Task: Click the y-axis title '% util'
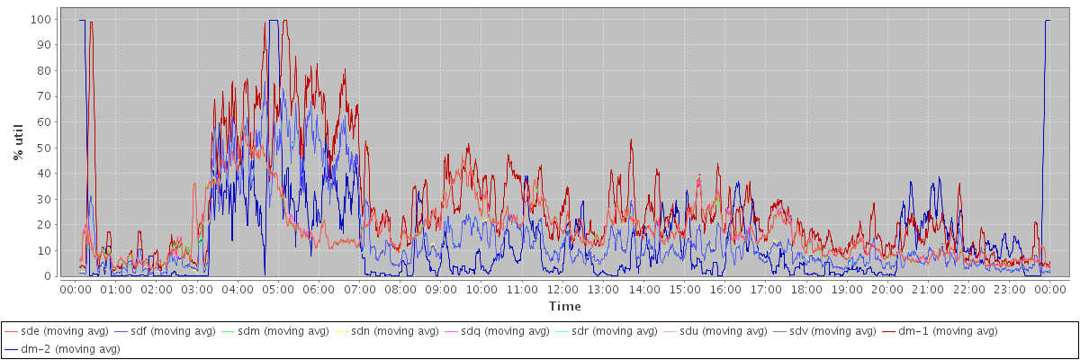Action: pos(18,142)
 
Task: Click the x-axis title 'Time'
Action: pos(565,307)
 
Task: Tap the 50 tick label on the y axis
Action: pos(43,148)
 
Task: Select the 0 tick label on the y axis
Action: pos(47,276)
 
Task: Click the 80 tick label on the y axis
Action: pos(43,70)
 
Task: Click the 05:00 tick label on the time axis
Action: pos(278,290)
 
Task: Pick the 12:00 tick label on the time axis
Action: pos(562,290)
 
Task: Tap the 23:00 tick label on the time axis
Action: pos(1010,290)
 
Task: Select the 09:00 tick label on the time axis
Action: pos(441,290)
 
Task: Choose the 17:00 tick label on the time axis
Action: pos(766,290)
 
